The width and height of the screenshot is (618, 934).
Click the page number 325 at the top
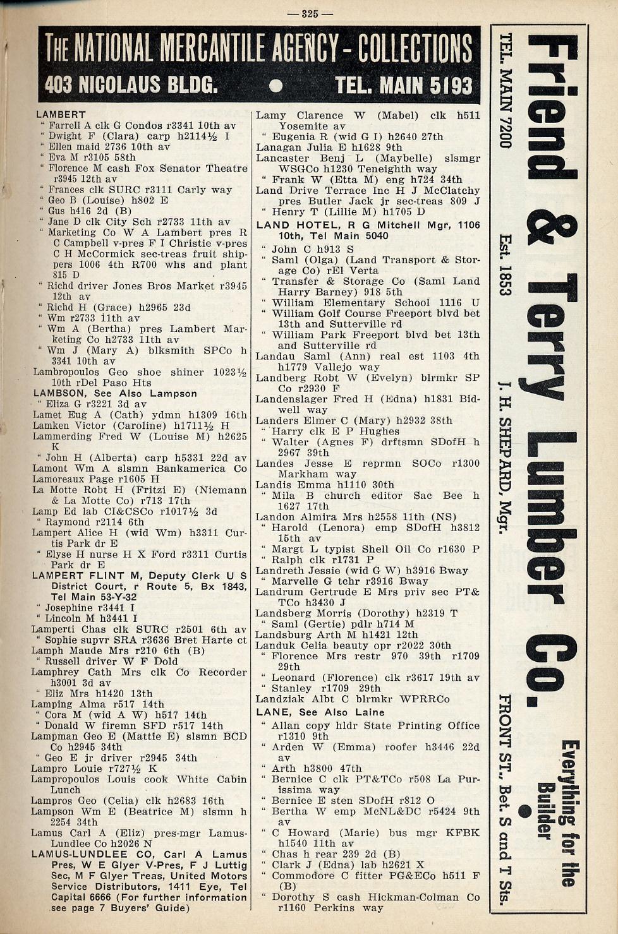click(x=309, y=14)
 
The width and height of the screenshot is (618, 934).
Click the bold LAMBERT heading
click(x=61, y=114)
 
